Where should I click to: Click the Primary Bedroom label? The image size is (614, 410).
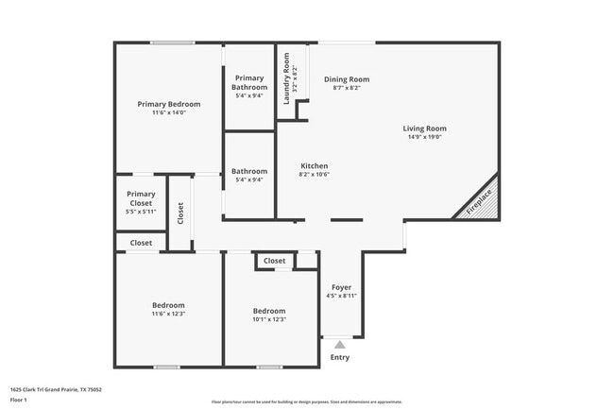tap(169, 104)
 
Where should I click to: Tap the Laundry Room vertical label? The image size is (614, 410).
tap(286, 69)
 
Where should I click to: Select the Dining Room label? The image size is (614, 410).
tap(347, 79)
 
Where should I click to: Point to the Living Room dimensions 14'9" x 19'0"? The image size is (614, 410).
tap(424, 137)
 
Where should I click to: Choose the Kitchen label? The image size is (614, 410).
tap(315, 165)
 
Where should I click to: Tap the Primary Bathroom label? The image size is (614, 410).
tap(249, 83)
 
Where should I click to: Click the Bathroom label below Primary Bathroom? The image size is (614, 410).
tap(249, 171)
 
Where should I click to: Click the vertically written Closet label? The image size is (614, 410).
tap(179, 214)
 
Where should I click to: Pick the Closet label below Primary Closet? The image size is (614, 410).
tap(141, 243)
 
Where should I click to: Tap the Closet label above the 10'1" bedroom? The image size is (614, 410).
tap(275, 261)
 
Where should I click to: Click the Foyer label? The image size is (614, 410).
tap(341, 287)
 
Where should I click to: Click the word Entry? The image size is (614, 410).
tap(340, 357)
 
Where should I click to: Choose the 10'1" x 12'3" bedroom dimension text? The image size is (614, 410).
tap(269, 319)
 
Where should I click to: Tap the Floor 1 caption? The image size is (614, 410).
tap(20, 400)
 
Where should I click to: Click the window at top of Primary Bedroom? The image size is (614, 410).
tap(173, 43)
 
